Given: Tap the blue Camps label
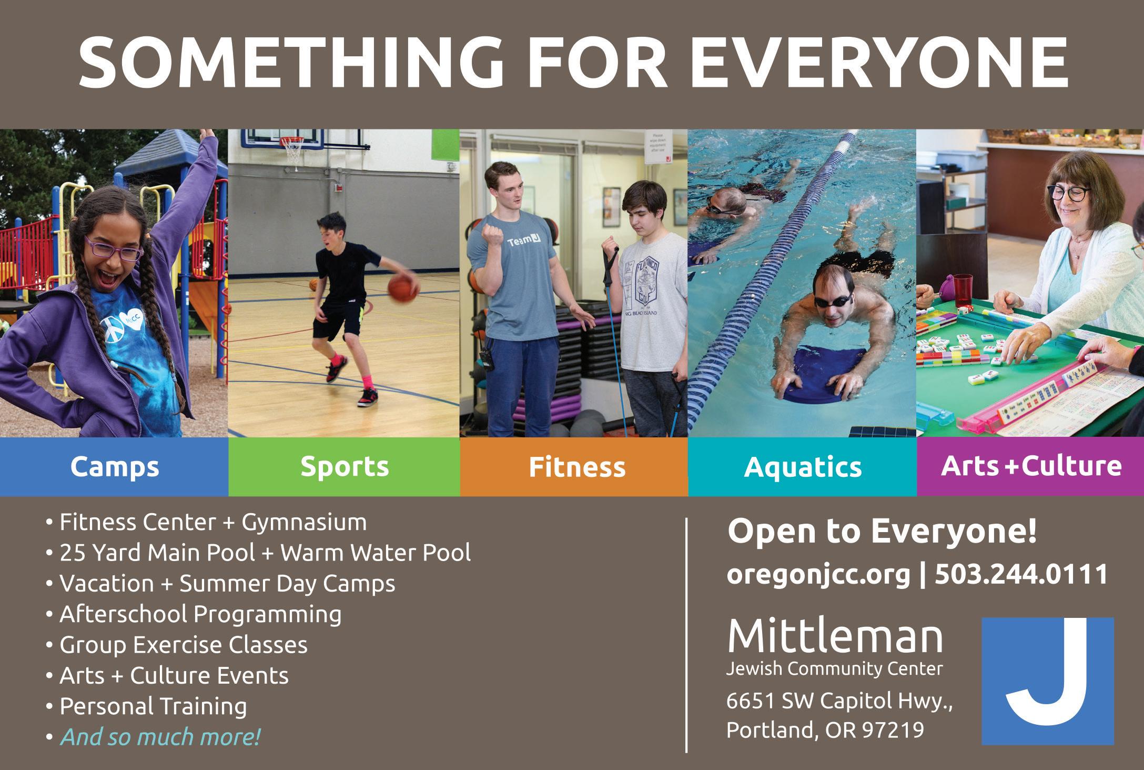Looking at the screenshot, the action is click(x=114, y=466).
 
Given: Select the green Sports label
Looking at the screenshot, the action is click(x=345, y=466).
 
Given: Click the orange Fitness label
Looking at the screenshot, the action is click(x=577, y=467).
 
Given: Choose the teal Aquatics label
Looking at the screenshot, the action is click(x=803, y=467).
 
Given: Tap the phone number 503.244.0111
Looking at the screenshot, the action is click(x=1021, y=574).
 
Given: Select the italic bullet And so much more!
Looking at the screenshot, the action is click(x=160, y=737).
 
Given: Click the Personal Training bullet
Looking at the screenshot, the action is click(x=153, y=706).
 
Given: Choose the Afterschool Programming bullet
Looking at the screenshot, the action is click(x=200, y=614).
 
